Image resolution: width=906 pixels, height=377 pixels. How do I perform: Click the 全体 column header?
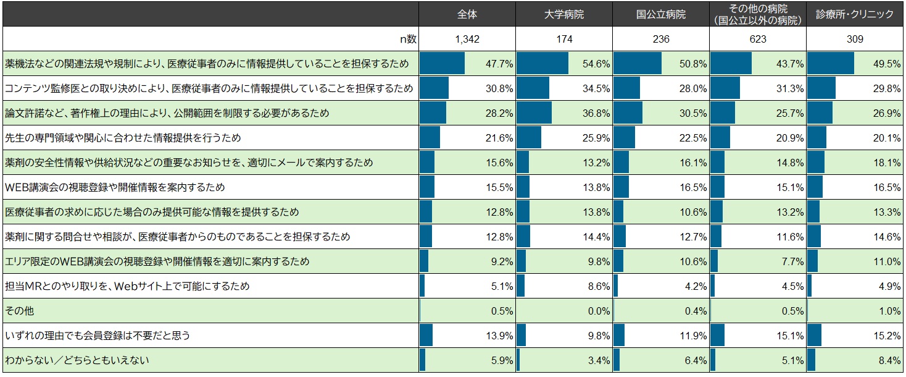coord(467,14)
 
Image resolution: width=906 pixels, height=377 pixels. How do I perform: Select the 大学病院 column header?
coord(564,14)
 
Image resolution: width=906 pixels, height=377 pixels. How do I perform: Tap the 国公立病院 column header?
coord(661,14)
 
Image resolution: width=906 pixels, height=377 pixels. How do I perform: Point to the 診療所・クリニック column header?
coord(855,14)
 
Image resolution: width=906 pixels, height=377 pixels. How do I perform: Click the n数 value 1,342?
coord(467,39)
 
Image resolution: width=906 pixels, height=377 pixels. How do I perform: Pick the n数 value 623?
coord(758,39)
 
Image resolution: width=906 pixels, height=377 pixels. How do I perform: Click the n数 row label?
coord(408,39)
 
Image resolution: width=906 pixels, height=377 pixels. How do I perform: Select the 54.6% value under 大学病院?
coord(597,64)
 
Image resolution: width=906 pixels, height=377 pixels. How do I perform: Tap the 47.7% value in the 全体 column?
coord(501,64)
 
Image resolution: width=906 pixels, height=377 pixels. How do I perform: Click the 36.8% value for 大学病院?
coord(597,113)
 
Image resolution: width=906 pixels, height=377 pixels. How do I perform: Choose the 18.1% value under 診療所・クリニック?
coord(888,163)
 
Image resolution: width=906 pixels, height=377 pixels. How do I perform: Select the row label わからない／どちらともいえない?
coord(77,360)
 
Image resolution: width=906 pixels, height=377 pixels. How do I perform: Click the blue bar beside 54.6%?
coord(542,64)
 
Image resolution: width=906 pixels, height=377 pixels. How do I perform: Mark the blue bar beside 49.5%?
coord(831,64)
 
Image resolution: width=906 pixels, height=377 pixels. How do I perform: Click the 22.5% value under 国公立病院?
coord(694,138)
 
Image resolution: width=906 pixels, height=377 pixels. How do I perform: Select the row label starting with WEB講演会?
coord(115,187)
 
